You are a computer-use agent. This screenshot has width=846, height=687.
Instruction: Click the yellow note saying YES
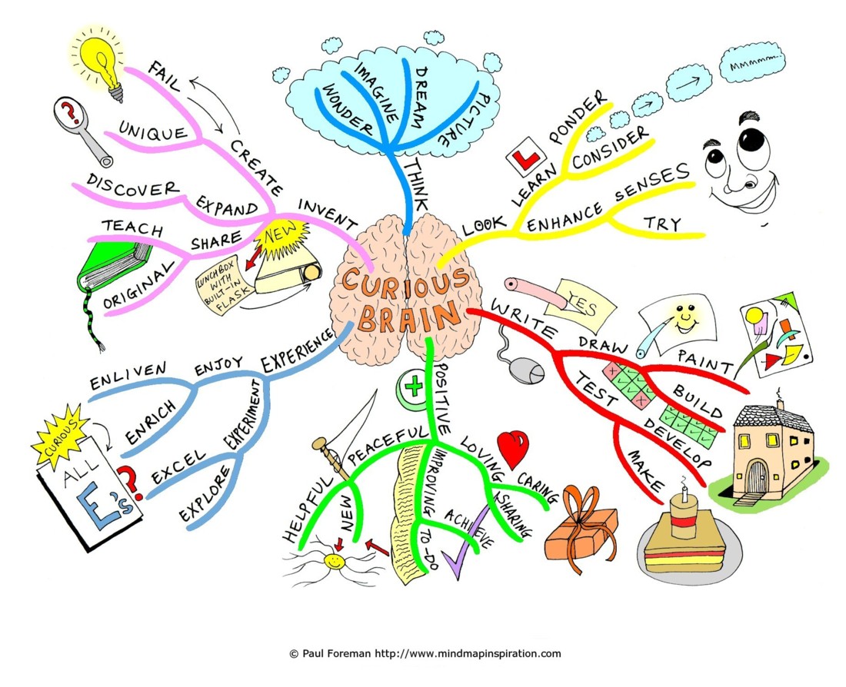tap(588, 301)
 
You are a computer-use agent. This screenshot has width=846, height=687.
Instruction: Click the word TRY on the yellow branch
tap(661, 224)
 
